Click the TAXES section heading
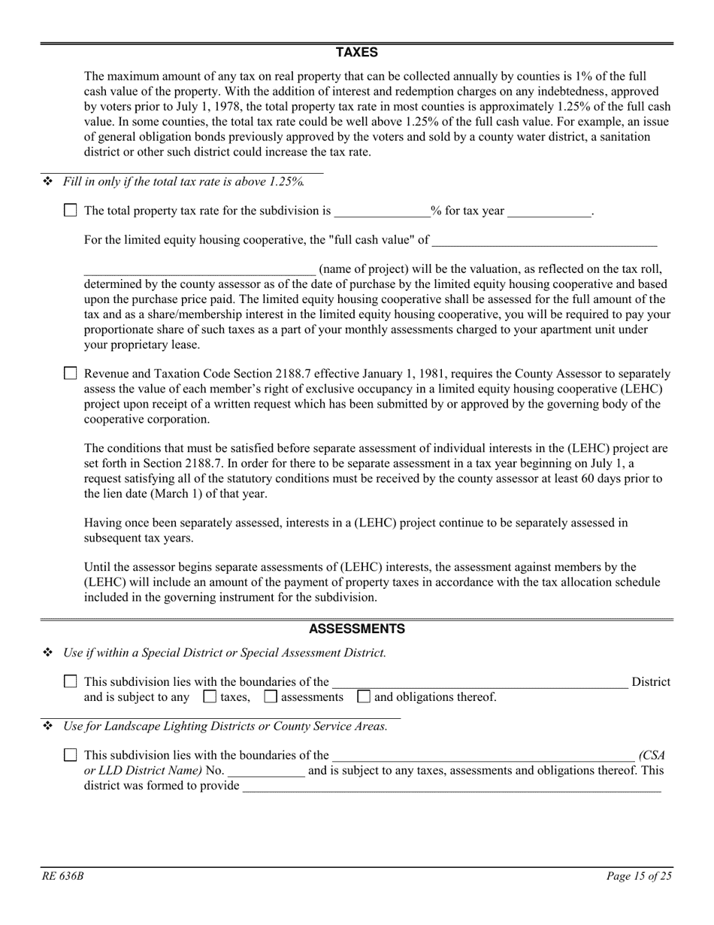coord(356,53)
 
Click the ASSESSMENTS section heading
coord(356,629)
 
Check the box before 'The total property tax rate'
coord(71,211)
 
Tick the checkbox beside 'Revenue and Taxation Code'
coord(71,373)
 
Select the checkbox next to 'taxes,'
coord(210,696)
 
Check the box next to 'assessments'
coord(271,696)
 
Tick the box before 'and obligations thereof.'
coord(364,696)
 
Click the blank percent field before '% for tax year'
coord(382,211)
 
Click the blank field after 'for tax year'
coord(549,211)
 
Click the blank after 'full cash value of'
coord(544,241)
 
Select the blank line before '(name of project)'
coord(199,269)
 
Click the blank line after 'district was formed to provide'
coord(452,786)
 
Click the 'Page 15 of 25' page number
coord(639,876)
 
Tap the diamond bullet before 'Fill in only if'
coord(47,181)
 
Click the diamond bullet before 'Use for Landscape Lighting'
coord(47,726)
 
